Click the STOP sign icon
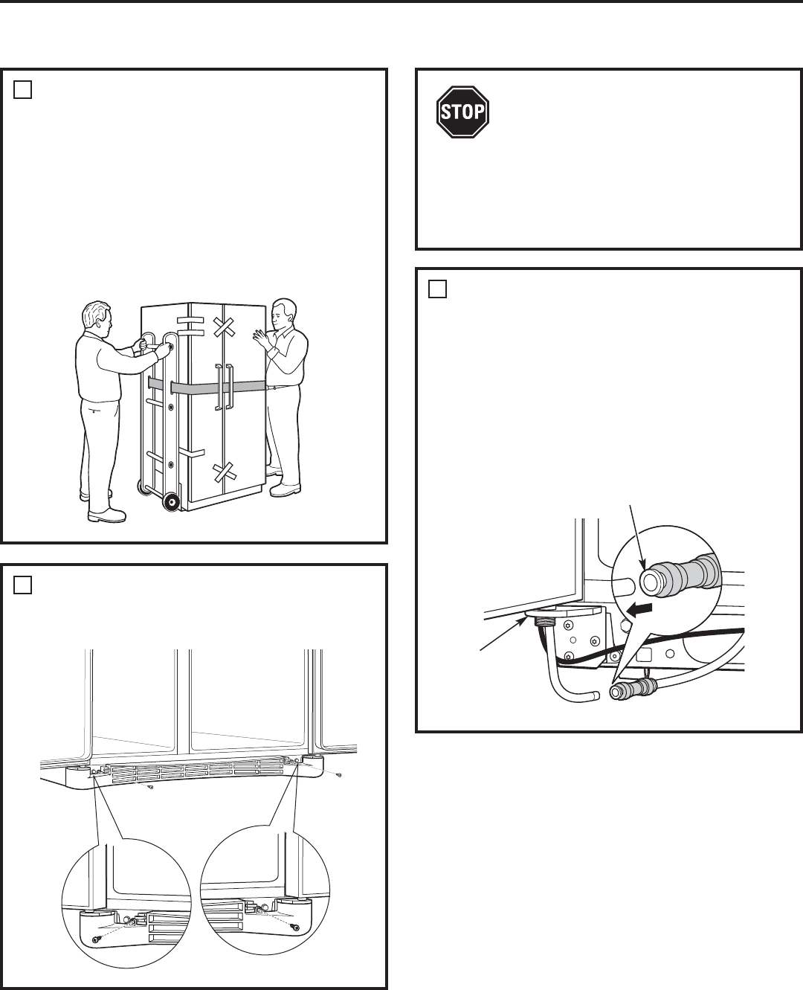462,112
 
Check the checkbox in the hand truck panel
22,89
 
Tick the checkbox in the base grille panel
22,585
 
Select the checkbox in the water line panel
437,289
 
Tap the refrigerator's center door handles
223,387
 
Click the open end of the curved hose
593,696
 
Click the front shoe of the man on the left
106,515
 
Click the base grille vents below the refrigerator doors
197,772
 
